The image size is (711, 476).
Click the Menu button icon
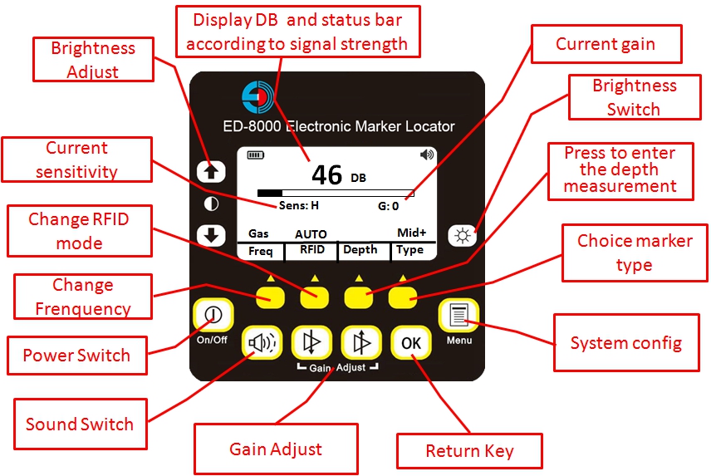tap(458, 317)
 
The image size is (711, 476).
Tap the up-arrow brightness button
tap(211, 171)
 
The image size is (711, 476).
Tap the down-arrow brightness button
tap(211, 235)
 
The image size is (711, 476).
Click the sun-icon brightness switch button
tap(462, 235)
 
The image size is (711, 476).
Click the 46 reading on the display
tap(327, 174)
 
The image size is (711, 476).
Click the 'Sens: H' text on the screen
tap(299, 205)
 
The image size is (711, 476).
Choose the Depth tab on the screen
tap(360, 250)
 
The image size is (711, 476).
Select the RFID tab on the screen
tap(312, 250)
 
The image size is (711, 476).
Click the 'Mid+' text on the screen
tap(410, 234)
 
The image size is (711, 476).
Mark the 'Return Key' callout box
tap(469, 451)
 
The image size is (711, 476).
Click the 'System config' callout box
tap(625, 343)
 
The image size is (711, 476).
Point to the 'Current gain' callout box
tap(606, 44)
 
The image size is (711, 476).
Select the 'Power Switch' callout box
tap(76, 356)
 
